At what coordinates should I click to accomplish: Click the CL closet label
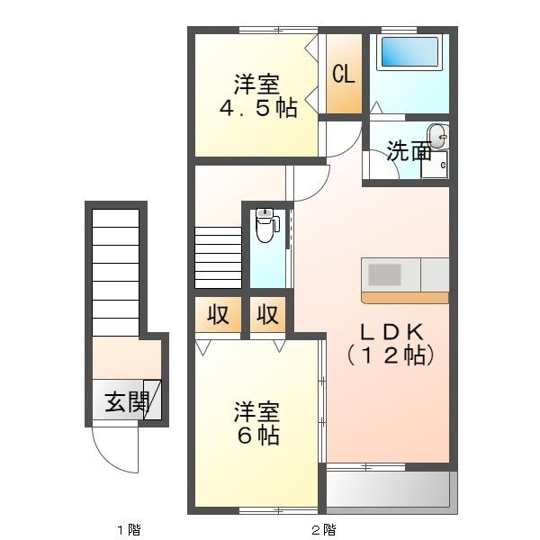point(344,74)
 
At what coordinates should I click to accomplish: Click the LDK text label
point(391,330)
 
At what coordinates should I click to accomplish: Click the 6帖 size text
point(257,436)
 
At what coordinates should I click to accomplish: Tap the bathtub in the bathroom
point(409,52)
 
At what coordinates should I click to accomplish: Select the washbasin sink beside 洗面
point(437,137)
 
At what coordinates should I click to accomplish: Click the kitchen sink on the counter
point(383,273)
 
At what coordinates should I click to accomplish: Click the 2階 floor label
point(323,528)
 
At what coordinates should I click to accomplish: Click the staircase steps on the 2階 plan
point(218,256)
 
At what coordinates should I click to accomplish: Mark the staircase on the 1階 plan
point(115,270)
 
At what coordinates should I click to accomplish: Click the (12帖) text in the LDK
point(391,355)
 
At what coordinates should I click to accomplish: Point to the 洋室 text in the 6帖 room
point(257,413)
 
